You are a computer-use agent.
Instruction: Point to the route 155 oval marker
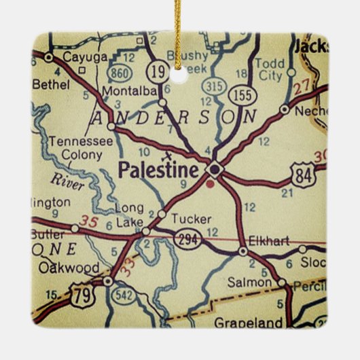(x=242, y=94)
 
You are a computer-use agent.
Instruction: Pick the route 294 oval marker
(x=187, y=238)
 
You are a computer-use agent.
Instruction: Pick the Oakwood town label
(x=69, y=268)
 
